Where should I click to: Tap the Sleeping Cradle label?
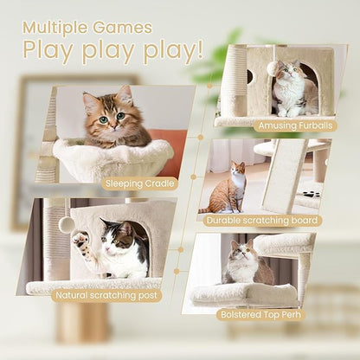point(138,183)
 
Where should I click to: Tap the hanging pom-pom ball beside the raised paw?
point(67,224)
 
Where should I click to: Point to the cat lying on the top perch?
point(246,264)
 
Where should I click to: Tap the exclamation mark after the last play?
point(199,51)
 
